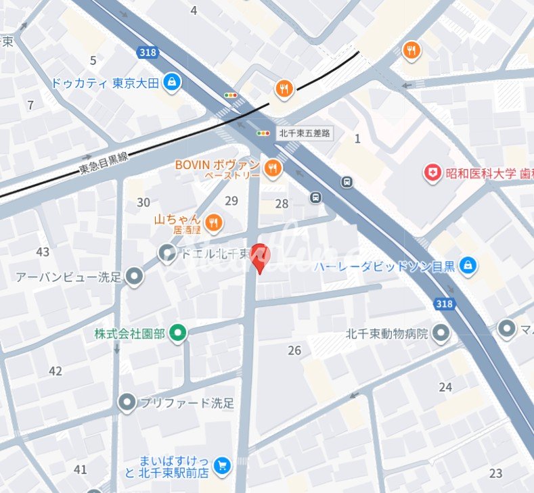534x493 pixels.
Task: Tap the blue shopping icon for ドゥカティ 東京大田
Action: click(173, 83)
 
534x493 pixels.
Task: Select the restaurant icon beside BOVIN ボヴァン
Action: click(273, 168)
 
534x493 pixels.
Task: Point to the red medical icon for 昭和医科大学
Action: click(431, 173)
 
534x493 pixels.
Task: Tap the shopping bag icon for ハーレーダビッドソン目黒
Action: click(467, 265)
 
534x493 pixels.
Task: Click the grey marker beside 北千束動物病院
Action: click(441, 333)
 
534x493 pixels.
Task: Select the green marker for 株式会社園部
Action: click(178, 333)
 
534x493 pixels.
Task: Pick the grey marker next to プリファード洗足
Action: click(127, 403)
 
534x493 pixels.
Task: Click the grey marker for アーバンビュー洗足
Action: click(135, 276)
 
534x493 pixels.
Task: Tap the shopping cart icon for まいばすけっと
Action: click(221, 465)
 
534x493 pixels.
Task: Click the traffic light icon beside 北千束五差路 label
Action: click(263, 133)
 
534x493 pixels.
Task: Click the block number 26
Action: click(294, 350)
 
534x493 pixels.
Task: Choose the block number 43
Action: click(43, 252)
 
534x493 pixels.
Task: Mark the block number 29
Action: click(231, 201)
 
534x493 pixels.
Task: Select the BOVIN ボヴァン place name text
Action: click(217, 164)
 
